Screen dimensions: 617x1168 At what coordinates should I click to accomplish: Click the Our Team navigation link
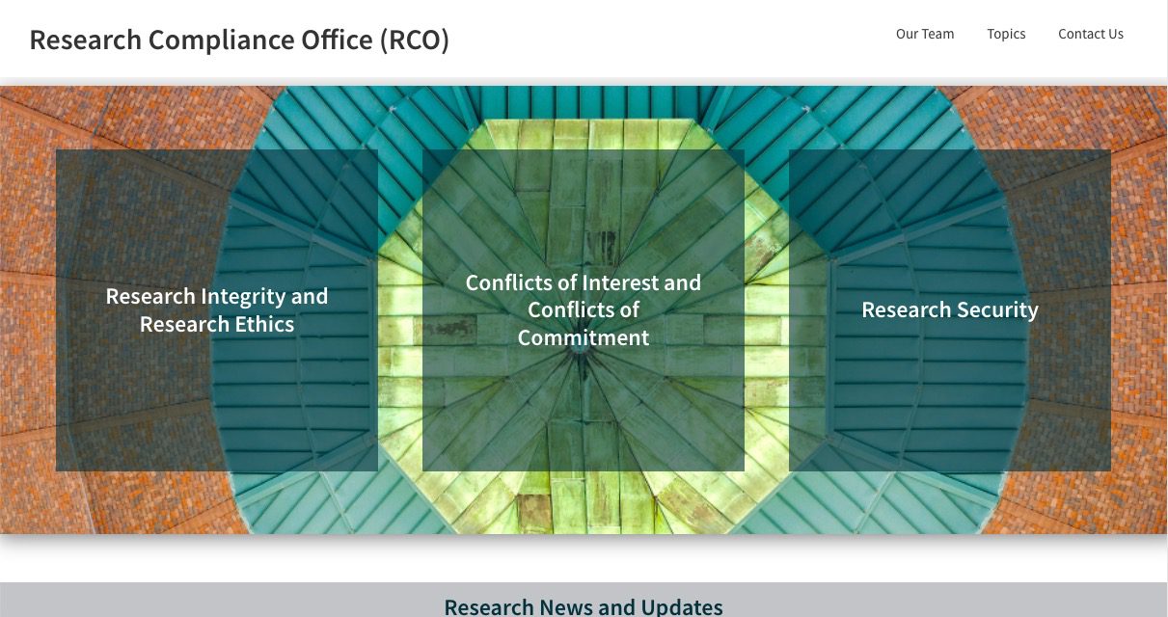pyautogui.click(x=924, y=34)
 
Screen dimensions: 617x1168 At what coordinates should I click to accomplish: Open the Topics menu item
pyautogui.click(x=1006, y=34)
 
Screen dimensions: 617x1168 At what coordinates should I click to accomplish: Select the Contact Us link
pyautogui.click(x=1090, y=34)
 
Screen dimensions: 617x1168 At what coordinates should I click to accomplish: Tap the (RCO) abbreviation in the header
pyautogui.click(x=414, y=40)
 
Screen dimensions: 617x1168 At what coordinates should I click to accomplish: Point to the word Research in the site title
pyautogui.click(x=85, y=40)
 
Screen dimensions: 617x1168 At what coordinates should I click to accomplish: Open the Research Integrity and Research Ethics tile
pyautogui.click(x=217, y=310)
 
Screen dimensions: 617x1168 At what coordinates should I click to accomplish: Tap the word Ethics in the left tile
pyautogui.click(x=263, y=324)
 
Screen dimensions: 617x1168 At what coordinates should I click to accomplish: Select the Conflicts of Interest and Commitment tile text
pyautogui.click(x=584, y=310)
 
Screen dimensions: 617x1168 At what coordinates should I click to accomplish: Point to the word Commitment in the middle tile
pyautogui.click(x=584, y=337)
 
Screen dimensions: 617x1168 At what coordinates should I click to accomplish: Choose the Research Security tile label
pyautogui.click(x=950, y=309)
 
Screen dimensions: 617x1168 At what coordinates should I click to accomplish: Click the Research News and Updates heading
pyautogui.click(x=584, y=606)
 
